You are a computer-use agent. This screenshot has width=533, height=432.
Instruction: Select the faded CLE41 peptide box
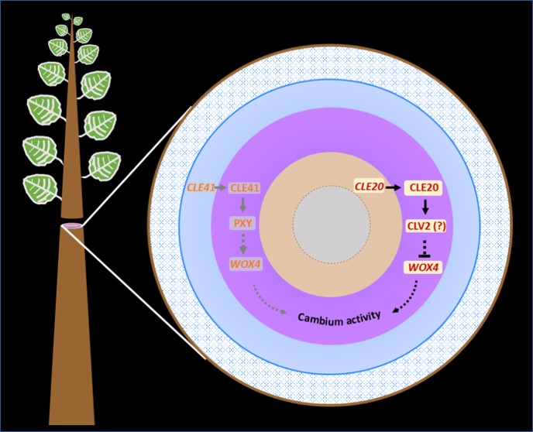tap(243, 187)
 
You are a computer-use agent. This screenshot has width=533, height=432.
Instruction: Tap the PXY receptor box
tap(243, 224)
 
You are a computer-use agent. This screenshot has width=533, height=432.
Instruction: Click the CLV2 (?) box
tap(424, 226)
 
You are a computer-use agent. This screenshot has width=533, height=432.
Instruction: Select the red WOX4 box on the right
tap(424, 268)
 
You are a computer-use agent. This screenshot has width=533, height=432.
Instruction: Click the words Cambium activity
tap(342, 318)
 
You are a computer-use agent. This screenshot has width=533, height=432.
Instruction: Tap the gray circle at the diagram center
tap(326, 224)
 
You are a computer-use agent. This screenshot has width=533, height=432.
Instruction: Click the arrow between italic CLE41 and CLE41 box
tap(223, 187)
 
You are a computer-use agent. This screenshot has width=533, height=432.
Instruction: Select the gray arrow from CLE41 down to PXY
tap(243, 205)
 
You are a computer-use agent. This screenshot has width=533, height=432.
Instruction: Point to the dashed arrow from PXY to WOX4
tap(243, 244)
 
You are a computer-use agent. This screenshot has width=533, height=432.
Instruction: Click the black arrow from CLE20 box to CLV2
tap(424, 206)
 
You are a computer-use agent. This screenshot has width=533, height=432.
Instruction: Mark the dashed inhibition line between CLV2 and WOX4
tap(424, 249)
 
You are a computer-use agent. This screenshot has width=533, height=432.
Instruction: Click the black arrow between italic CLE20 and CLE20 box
tap(395, 187)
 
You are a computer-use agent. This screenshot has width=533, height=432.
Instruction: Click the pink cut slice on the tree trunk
tap(71, 225)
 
